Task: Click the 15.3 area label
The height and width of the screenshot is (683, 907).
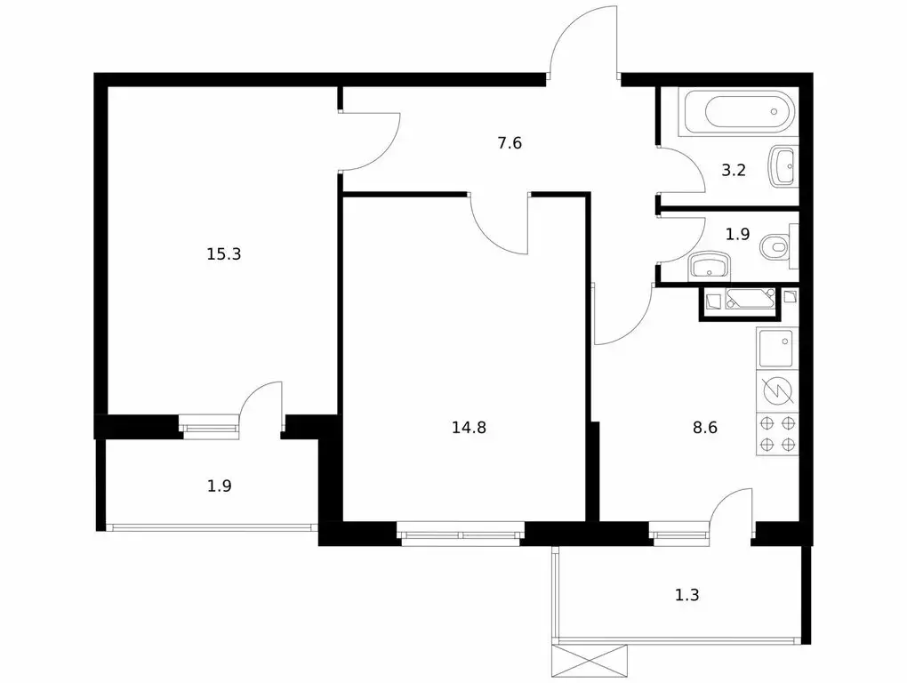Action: coord(224,254)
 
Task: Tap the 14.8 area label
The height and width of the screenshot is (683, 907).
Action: coord(469,427)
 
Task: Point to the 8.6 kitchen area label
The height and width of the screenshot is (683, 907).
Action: coord(704,427)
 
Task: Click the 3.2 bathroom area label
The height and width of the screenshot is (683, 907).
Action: coord(733,171)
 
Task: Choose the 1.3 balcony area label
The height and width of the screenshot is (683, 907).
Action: coord(686,595)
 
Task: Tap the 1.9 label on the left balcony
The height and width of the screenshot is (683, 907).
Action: coord(220,486)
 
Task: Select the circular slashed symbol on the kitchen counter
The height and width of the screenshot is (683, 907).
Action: coord(777,391)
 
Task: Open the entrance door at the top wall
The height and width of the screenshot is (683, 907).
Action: coord(583,44)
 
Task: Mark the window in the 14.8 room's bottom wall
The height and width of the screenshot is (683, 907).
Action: coord(461,535)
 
